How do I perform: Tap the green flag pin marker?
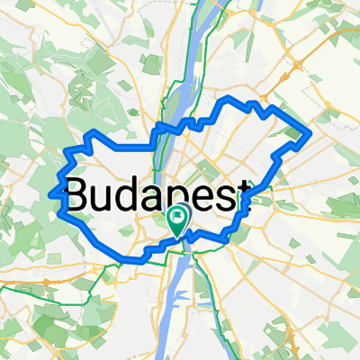178,219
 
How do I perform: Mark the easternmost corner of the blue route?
310,133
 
